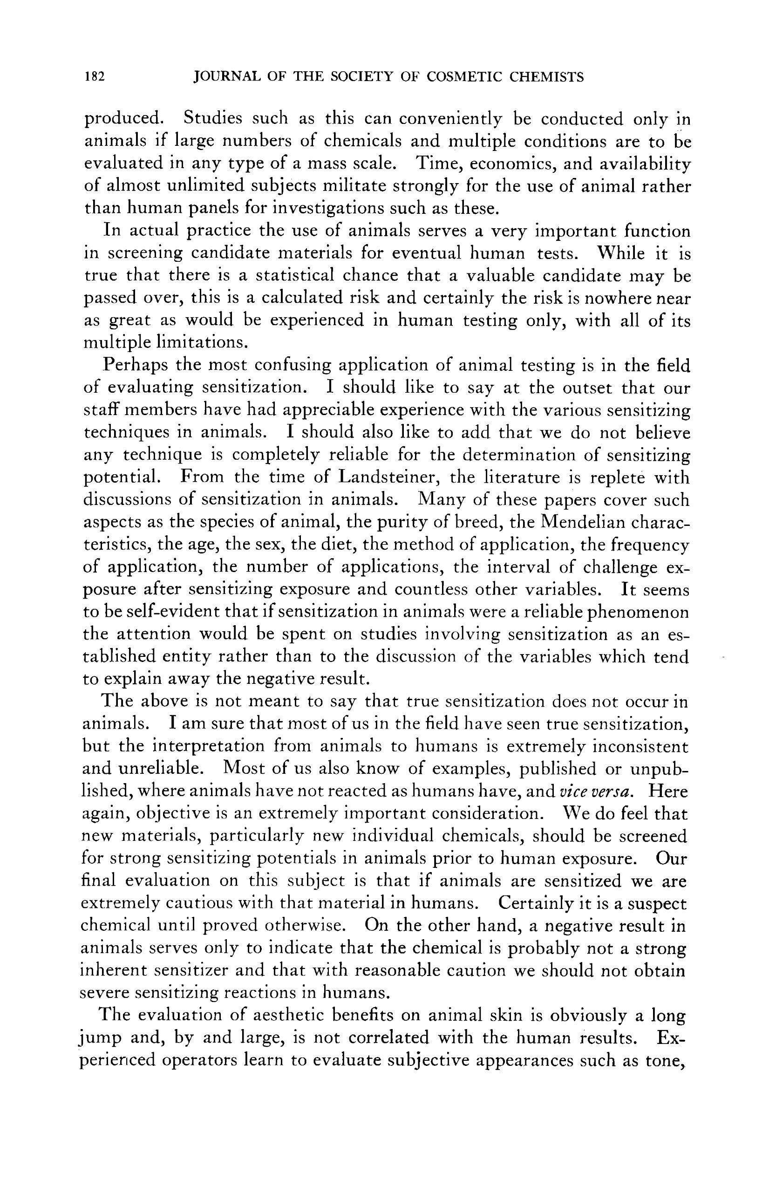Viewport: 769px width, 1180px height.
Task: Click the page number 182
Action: (x=94, y=77)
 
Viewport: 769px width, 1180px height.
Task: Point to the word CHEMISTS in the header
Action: (x=545, y=77)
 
